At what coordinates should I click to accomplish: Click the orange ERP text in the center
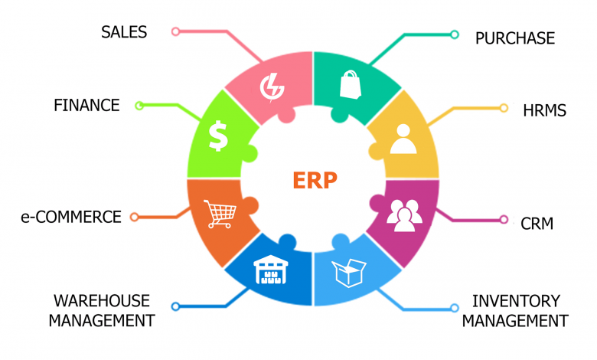[315, 180]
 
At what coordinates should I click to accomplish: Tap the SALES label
[124, 32]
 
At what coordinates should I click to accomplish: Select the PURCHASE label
[515, 38]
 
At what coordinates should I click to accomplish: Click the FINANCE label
[86, 105]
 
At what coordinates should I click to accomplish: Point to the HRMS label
[544, 110]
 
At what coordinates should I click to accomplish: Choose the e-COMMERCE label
[71, 217]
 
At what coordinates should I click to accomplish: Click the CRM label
[537, 224]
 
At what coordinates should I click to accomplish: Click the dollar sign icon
[219, 136]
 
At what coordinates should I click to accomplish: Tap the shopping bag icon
[351, 84]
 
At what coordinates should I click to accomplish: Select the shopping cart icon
[220, 214]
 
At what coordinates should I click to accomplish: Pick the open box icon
[349, 273]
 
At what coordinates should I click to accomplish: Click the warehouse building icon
[271, 270]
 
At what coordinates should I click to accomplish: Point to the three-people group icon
[404, 216]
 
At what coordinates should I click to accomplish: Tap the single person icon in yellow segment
[403, 139]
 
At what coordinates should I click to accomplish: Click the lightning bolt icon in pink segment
[272, 87]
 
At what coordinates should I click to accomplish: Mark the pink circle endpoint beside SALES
[175, 31]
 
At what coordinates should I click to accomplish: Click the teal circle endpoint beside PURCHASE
[454, 34]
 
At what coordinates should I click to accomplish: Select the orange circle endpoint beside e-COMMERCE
[134, 217]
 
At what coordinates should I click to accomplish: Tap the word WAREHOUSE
[102, 301]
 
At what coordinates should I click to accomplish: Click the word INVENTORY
[516, 301]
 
